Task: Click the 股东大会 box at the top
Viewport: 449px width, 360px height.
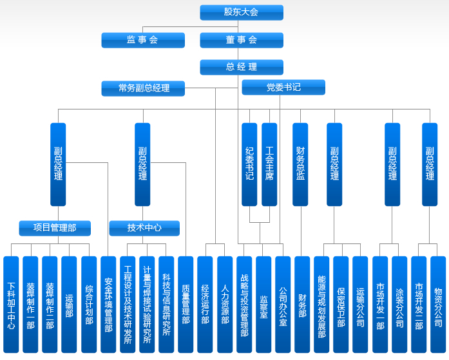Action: [241, 12]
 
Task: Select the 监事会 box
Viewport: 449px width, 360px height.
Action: [142, 40]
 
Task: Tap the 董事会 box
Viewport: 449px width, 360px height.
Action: [241, 40]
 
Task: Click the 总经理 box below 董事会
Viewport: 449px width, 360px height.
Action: [241, 67]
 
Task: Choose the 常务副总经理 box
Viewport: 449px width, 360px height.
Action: [143, 88]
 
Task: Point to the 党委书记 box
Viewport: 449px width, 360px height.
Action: [283, 87]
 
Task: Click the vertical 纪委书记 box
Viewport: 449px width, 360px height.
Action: [249, 164]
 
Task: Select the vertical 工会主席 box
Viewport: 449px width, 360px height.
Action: [269, 164]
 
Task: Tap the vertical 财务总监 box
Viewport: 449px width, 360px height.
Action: [300, 164]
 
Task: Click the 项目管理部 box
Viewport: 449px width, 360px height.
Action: [54, 228]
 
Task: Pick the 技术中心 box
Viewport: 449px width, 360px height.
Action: [144, 228]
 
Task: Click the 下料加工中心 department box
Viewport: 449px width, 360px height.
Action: [11, 304]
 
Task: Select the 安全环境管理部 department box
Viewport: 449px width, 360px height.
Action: [108, 304]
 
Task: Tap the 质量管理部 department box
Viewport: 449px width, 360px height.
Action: [186, 304]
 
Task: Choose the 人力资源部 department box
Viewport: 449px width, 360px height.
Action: [225, 304]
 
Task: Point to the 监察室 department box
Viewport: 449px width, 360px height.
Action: [263, 304]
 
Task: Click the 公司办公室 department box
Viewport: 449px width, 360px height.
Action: [283, 304]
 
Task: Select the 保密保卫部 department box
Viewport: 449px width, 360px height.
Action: [341, 304]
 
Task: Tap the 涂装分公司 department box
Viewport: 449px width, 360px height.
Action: [399, 304]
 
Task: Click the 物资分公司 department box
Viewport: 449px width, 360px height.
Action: [438, 304]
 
